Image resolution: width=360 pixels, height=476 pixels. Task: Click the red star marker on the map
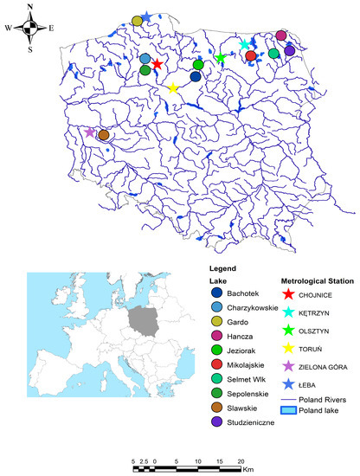[157, 63]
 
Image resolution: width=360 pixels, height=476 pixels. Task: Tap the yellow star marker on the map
[173, 88]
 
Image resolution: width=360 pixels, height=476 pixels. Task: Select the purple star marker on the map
[89, 132]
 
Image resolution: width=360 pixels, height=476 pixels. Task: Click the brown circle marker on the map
[104, 134]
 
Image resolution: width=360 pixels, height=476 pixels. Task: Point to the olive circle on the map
[137, 20]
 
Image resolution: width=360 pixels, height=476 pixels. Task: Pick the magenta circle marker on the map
[280, 35]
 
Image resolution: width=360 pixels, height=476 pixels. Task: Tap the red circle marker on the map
[251, 55]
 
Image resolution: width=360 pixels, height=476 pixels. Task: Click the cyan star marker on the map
[244, 44]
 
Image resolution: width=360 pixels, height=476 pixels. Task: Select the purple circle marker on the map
[289, 51]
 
